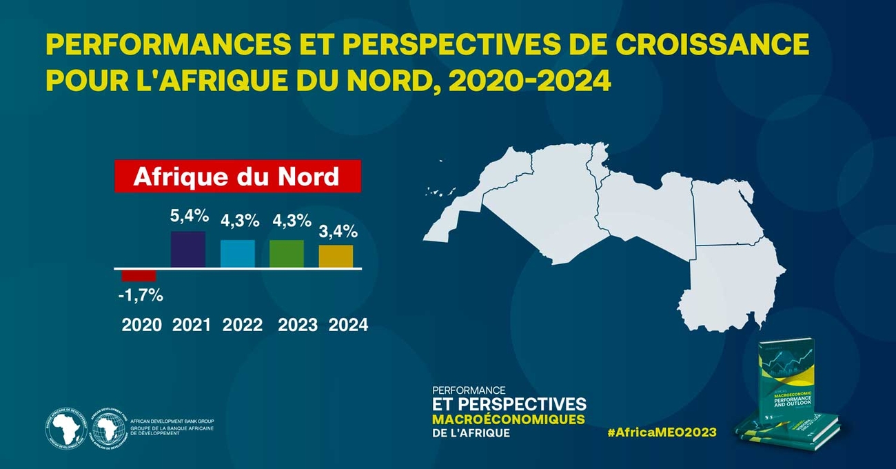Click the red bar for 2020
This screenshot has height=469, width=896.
pos(139,276)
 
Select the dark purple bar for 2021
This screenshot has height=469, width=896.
pos(188,250)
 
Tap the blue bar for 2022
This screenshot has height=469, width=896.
pos(238,254)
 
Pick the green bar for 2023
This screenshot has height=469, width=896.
pos(287,254)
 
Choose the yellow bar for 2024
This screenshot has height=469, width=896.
pos(336,256)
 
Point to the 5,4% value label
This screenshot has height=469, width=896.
pos(189,216)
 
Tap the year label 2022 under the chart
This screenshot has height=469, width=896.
pos(243,325)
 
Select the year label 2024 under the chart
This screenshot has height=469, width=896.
pos(348,325)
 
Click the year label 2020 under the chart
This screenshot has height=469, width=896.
pos(142,325)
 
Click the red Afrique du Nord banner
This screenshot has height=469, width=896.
pos(237,177)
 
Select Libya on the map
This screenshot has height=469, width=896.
pos(644,207)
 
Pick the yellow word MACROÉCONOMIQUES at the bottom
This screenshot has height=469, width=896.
pos(508,419)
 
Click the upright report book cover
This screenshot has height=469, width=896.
pos(793,386)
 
